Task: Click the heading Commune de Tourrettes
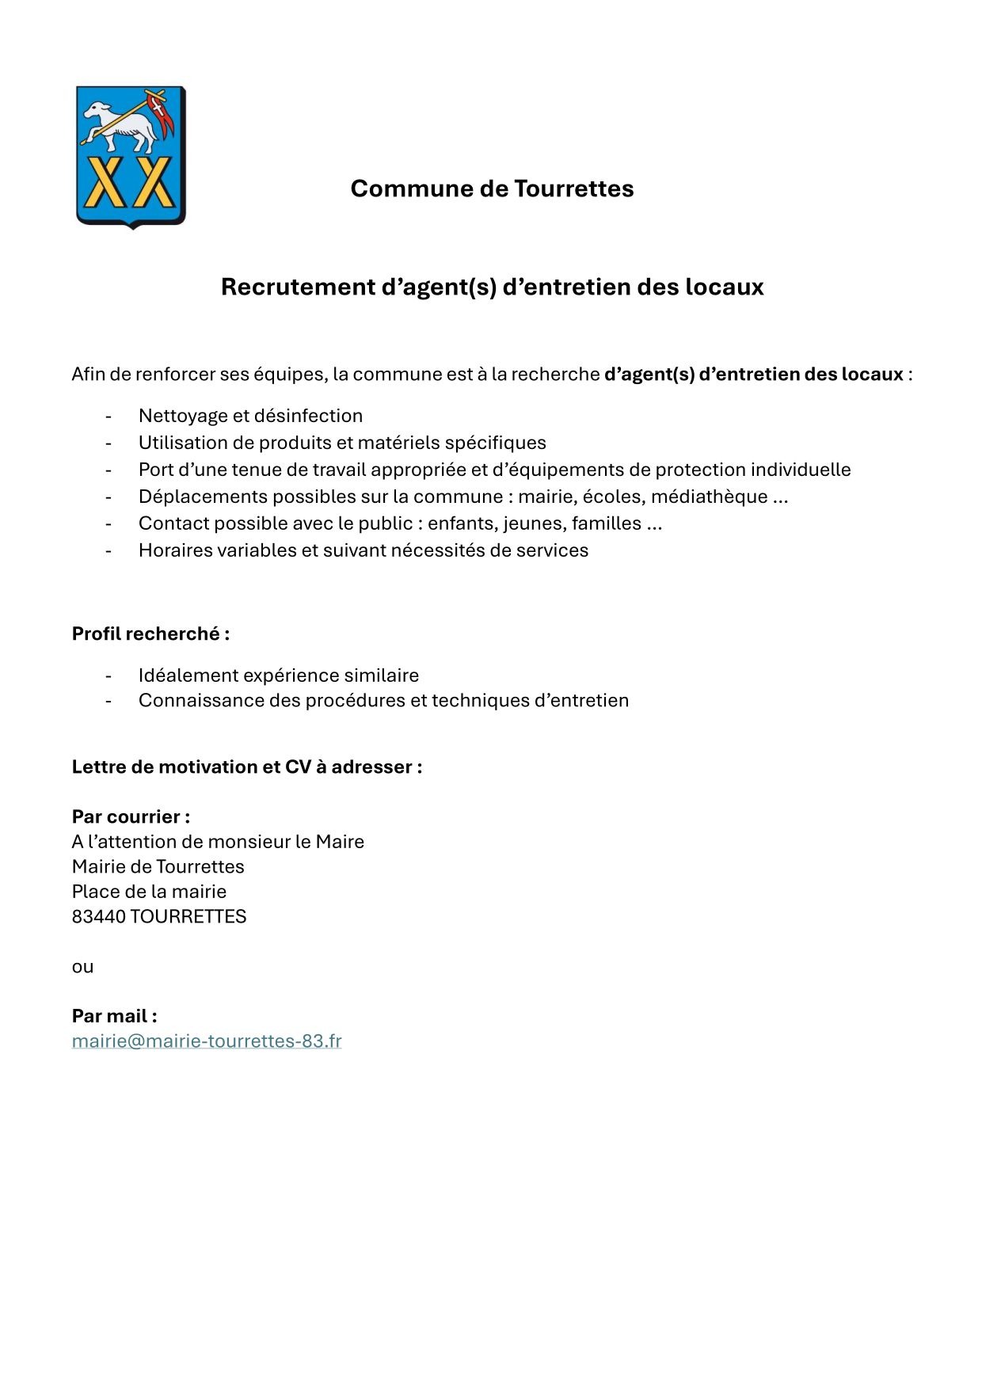coord(492,188)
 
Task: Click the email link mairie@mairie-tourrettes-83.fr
coord(207,1041)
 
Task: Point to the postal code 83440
coord(98,916)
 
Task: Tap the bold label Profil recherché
coord(150,634)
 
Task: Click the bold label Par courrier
coord(131,816)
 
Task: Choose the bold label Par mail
coord(114,1016)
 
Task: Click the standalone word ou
coord(82,967)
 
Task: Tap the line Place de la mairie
coord(149,892)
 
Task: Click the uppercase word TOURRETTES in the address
coord(188,916)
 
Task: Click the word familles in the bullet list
coord(606,523)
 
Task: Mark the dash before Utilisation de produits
coord(108,443)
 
